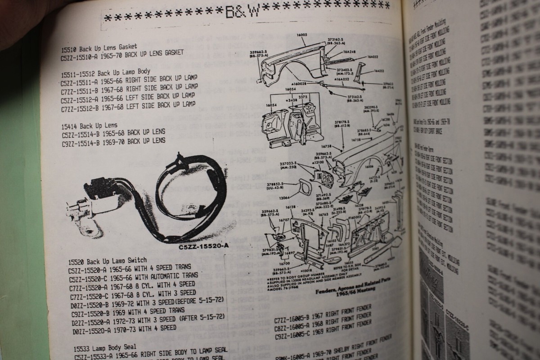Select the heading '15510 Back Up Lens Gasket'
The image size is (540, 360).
[x=99, y=46]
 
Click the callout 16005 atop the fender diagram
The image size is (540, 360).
[x=301, y=35]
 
